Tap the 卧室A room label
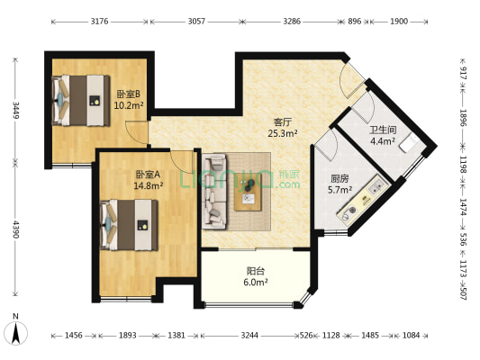[x=148, y=175]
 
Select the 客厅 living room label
[x=284, y=121]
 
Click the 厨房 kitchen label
[x=340, y=178]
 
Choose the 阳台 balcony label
[x=257, y=270]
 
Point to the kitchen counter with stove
[x=360, y=204]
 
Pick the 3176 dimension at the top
[x=100, y=19]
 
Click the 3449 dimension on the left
[x=15, y=110]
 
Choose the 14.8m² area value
[x=148, y=186]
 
